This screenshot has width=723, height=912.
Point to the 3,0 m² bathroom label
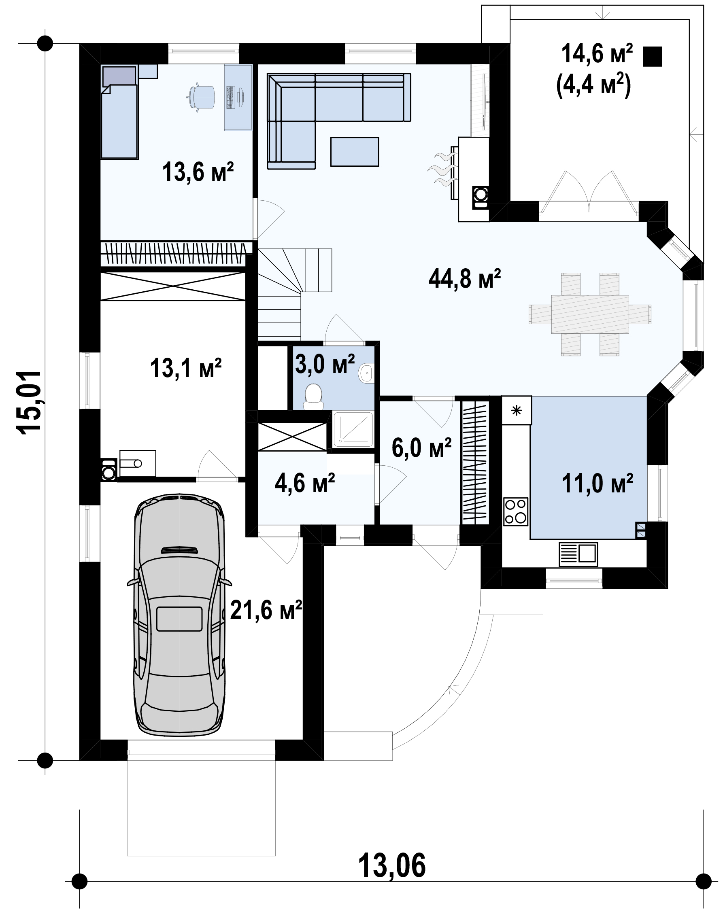pyautogui.click(x=325, y=364)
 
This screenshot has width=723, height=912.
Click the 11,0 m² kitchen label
pyautogui.click(x=597, y=483)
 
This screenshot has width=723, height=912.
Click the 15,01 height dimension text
pyautogui.click(x=29, y=401)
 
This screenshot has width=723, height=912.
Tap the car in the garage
pyautogui.click(x=179, y=618)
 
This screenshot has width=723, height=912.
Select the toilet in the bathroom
pyautogui.click(x=314, y=397)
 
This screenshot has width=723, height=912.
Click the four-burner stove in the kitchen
pyautogui.click(x=516, y=511)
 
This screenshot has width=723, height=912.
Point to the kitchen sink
pyautogui.click(x=578, y=554)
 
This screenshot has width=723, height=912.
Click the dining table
pyautogui.click(x=590, y=314)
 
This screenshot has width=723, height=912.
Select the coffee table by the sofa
pyautogui.click(x=355, y=151)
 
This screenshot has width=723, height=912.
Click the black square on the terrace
pyautogui.click(x=652, y=57)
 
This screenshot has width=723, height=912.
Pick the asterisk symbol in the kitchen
pyautogui.click(x=517, y=410)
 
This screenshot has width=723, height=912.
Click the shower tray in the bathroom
pyautogui.click(x=353, y=429)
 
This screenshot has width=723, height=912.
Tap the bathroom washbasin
pyautogui.click(x=366, y=373)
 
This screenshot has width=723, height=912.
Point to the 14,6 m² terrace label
pyautogui.click(x=597, y=55)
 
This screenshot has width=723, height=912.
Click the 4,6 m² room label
pyautogui.click(x=305, y=483)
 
